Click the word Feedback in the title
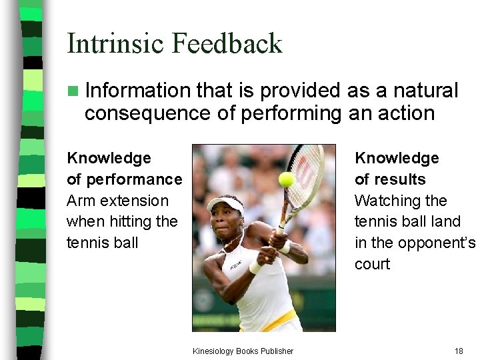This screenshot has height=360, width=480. click(227, 44)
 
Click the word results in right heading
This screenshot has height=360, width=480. click(399, 179)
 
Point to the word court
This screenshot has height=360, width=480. click(373, 264)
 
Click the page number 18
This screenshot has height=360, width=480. click(459, 351)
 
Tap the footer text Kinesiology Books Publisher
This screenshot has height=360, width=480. click(243, 351)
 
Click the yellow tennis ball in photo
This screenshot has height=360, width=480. click(287, 179)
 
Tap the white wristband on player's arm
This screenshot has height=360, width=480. click(256, 267)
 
